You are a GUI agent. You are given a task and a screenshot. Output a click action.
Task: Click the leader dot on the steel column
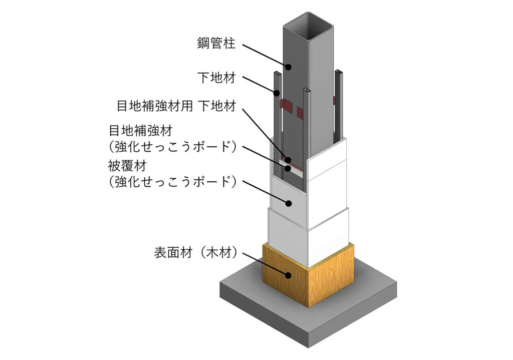[x=289, y=66]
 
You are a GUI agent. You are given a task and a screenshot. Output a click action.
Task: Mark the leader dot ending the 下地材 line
[x=275, y=93]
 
